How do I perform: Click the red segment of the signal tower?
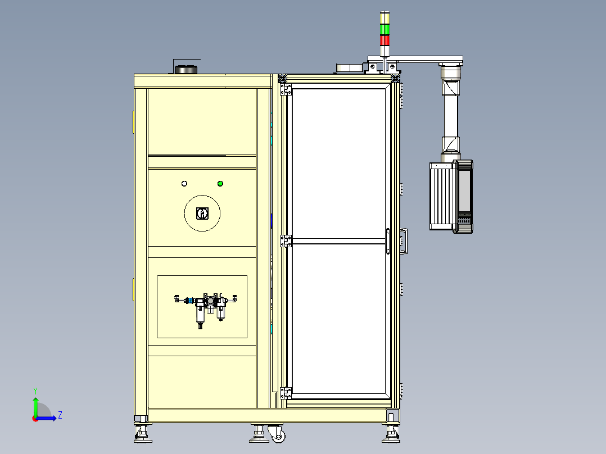pos(385,40)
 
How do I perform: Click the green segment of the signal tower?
pos(385,29)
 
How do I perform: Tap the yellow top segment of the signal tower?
pos(385,18)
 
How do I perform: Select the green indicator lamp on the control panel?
pos(220,184)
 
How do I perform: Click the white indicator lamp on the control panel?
pos(184,184)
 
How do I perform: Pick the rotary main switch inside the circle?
pos(202,214)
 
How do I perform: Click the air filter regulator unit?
pos(205,309)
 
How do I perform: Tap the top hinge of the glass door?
pos(286,89)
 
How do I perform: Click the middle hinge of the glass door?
pos(286,241)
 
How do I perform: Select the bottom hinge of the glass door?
pos(286,393)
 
